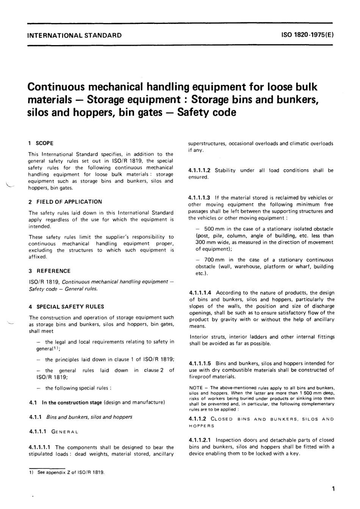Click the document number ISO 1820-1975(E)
click(307, 36)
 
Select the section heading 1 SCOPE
click(41, 143)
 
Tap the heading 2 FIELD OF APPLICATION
click(65, 202)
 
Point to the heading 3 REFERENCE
click(50, 271)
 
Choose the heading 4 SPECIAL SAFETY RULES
click(66, 307)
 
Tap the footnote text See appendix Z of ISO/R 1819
click(71, 473)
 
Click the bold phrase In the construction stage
click(72, 402)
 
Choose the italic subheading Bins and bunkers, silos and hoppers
click(89, 417)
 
